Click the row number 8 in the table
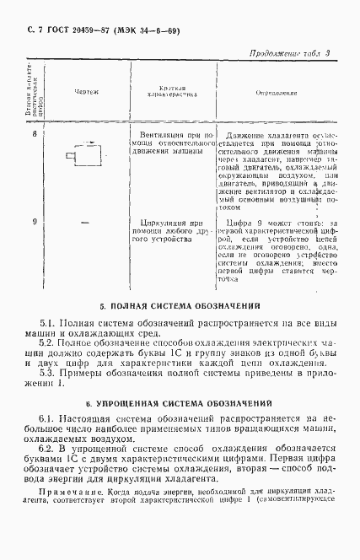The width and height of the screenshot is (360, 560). pos(34,133)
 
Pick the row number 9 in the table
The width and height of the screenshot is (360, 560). pos(34,222)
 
